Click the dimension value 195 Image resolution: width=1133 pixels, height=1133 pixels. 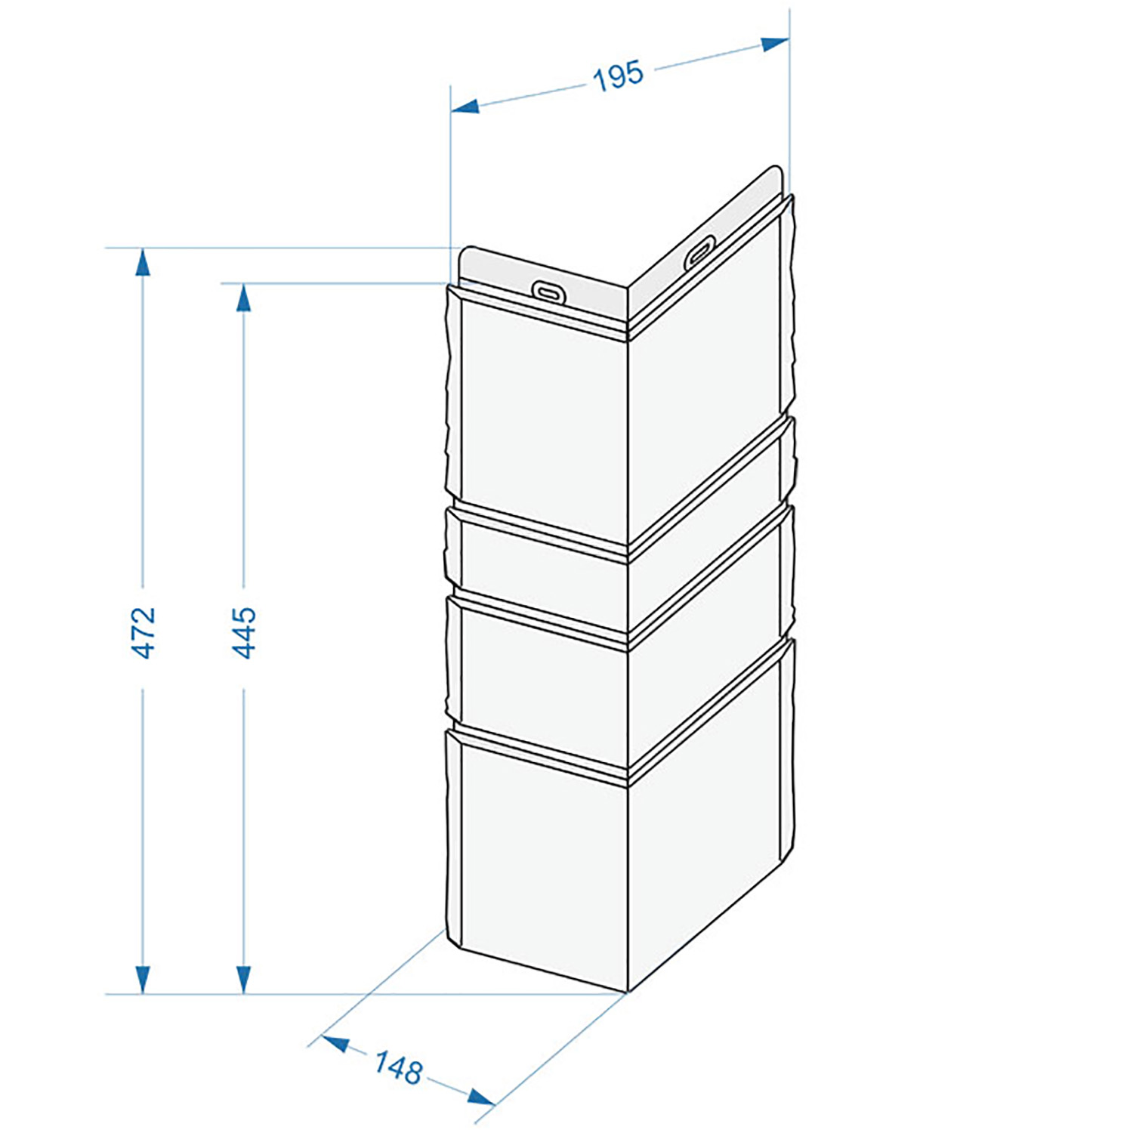tap(619, 76)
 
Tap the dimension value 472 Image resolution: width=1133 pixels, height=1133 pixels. tap(143, 632)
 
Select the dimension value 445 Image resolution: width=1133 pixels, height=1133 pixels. tap(243, 632)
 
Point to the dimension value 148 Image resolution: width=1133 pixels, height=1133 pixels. tap(398, 1068)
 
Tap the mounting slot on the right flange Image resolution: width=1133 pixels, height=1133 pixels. tap(700, 250)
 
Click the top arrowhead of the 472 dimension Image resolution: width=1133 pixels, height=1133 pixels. tap(143, 262)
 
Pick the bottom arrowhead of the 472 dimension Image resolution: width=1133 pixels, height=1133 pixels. tap(143, 980)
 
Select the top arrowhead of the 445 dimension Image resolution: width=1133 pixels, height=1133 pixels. tap(243, 298)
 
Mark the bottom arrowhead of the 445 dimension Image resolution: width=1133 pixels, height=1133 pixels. tap(243, 980)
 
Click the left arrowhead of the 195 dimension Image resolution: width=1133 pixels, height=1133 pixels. tap(465, 107)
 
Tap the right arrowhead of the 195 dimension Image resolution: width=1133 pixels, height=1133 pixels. tap(775, 44)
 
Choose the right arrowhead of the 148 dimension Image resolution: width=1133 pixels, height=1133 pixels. tap(481, 1096)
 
